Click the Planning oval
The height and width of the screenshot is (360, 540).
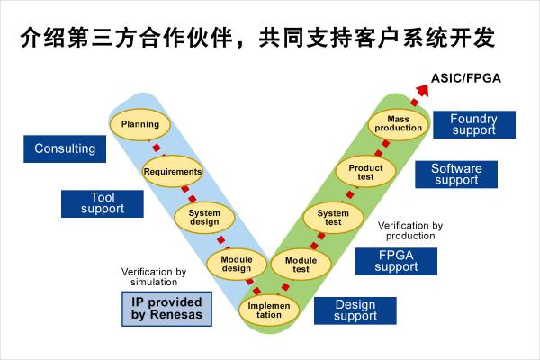pos(140,124)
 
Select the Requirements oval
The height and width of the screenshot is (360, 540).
pos(173,171)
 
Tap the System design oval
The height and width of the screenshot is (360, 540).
pos(204,218)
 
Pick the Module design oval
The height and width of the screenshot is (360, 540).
pos(237,264)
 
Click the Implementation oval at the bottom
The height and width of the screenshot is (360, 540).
pos(268,310)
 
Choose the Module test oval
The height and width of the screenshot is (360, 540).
pos(301,265)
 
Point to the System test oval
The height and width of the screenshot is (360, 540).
pos(333,218)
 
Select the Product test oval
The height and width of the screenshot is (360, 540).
pos(365,172)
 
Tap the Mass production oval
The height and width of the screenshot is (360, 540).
pos(399,124)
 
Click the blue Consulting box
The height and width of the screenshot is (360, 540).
pos(65,148)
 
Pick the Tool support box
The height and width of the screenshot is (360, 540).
pos(103,203)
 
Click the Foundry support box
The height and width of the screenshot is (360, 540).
pos(474,125)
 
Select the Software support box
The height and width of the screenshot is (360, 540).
pos(456,175)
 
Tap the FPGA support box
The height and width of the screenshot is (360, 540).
pos(396,262)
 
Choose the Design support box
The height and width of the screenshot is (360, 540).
pos(355,310)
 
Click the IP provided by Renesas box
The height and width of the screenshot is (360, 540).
pos(167,309)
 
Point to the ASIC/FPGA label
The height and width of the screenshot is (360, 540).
pos(466,78)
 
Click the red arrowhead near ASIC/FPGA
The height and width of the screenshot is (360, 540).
pos(423,90)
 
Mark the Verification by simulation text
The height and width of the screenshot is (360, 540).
pos(154,276)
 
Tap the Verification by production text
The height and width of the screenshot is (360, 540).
pos(410,230)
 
